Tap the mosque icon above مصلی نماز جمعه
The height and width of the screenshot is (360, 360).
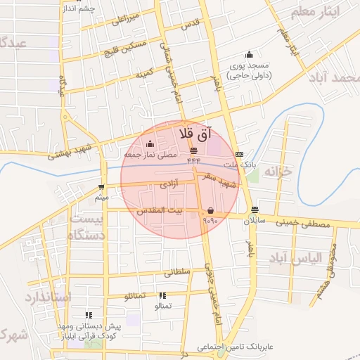coord(150,145)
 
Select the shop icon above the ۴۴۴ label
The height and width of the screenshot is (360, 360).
coord(194,151)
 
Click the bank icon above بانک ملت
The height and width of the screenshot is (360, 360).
coord(239,154)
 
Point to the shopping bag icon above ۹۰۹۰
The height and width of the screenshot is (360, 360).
coord(210,210)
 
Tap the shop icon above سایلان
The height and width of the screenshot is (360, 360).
coord(254,210)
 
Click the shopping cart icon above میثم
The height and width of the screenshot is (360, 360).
coord(103,187)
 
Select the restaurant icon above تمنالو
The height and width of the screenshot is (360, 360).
coord(163,296)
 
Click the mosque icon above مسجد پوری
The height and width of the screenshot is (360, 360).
coord(248,55)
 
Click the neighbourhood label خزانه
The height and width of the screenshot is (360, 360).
coord(277,172)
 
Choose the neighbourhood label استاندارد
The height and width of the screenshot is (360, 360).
coord(48,297)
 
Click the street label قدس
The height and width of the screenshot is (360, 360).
coord(191,24)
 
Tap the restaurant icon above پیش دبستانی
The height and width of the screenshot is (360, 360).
coord(89,316)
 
